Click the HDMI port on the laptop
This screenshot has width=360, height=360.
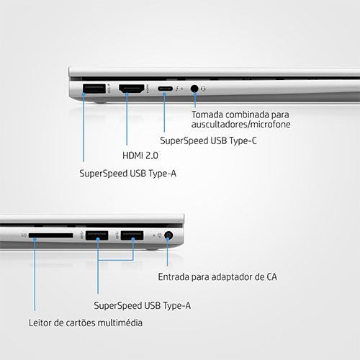132,89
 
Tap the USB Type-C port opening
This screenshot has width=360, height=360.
165,89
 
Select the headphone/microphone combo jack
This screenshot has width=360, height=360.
194,89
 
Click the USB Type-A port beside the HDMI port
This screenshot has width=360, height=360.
94,89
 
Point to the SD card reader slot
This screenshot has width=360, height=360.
51,235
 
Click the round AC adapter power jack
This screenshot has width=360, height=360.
168,235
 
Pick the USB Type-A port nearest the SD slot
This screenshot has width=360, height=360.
96,235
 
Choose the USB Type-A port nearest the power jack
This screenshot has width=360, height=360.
132,235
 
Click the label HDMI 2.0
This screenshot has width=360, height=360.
140,156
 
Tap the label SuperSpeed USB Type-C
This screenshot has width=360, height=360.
208,140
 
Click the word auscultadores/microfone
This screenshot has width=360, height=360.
240,125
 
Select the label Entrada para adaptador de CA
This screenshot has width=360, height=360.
217,277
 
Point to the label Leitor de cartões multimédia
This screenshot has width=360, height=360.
86,323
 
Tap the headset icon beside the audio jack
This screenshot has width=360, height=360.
203,89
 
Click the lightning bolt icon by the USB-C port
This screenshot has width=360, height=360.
177,89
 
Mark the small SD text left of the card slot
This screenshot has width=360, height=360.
24,235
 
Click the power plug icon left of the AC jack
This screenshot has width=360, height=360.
159,235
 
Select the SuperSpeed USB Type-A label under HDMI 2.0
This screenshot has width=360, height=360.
127,174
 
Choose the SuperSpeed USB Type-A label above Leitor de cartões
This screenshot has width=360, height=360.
143,306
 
